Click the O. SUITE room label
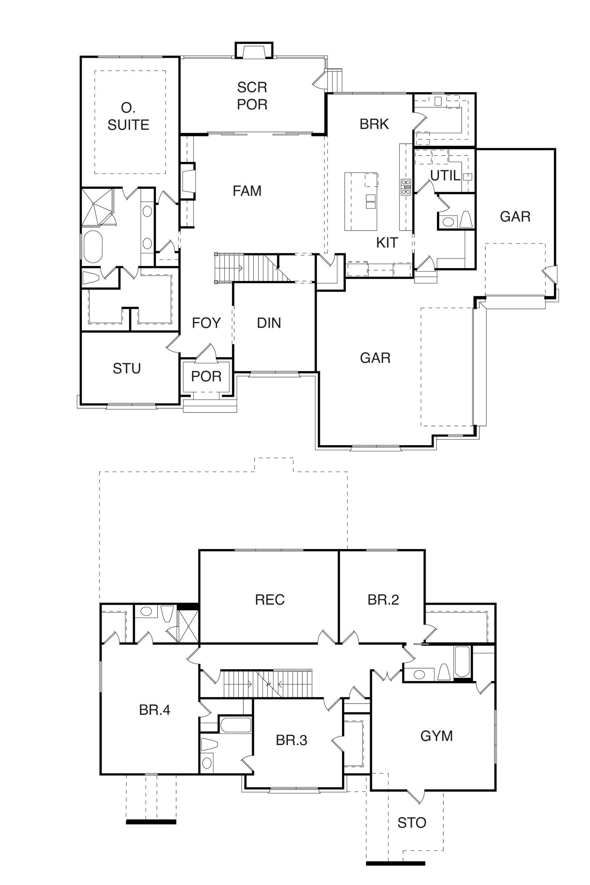(128, 117)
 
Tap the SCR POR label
(252, 96)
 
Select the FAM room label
(247, 191)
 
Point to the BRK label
(374, 124)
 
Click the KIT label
(387, 243)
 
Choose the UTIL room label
(445, 176)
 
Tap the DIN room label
(269, 323)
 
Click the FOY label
(206, 323)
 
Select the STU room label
(127, 368)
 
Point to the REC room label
(270, 600)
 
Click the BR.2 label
(383, 600)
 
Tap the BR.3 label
(292, 740)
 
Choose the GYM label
(437, 736)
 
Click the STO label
(412, 823)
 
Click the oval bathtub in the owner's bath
(93, 247)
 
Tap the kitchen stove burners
(406, 187)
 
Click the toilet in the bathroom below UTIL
(466, 219)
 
